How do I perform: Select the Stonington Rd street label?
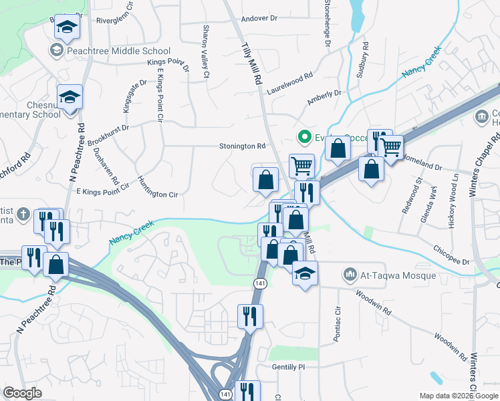pyautogui.click(x=243, y=146)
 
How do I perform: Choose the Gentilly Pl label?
pyautogui.click(x=288, y=367)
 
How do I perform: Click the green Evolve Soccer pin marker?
pyautogui.click(x=305, y=138)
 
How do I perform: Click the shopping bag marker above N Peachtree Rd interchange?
pyautogui.click(x=57, y=264)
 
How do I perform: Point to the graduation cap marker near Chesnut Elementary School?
pyautogui.click(x=69, y=97)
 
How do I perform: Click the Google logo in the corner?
pyautogui.click(x=23, y=393)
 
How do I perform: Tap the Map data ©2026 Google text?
pyautogui.click(x=458, y=396)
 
